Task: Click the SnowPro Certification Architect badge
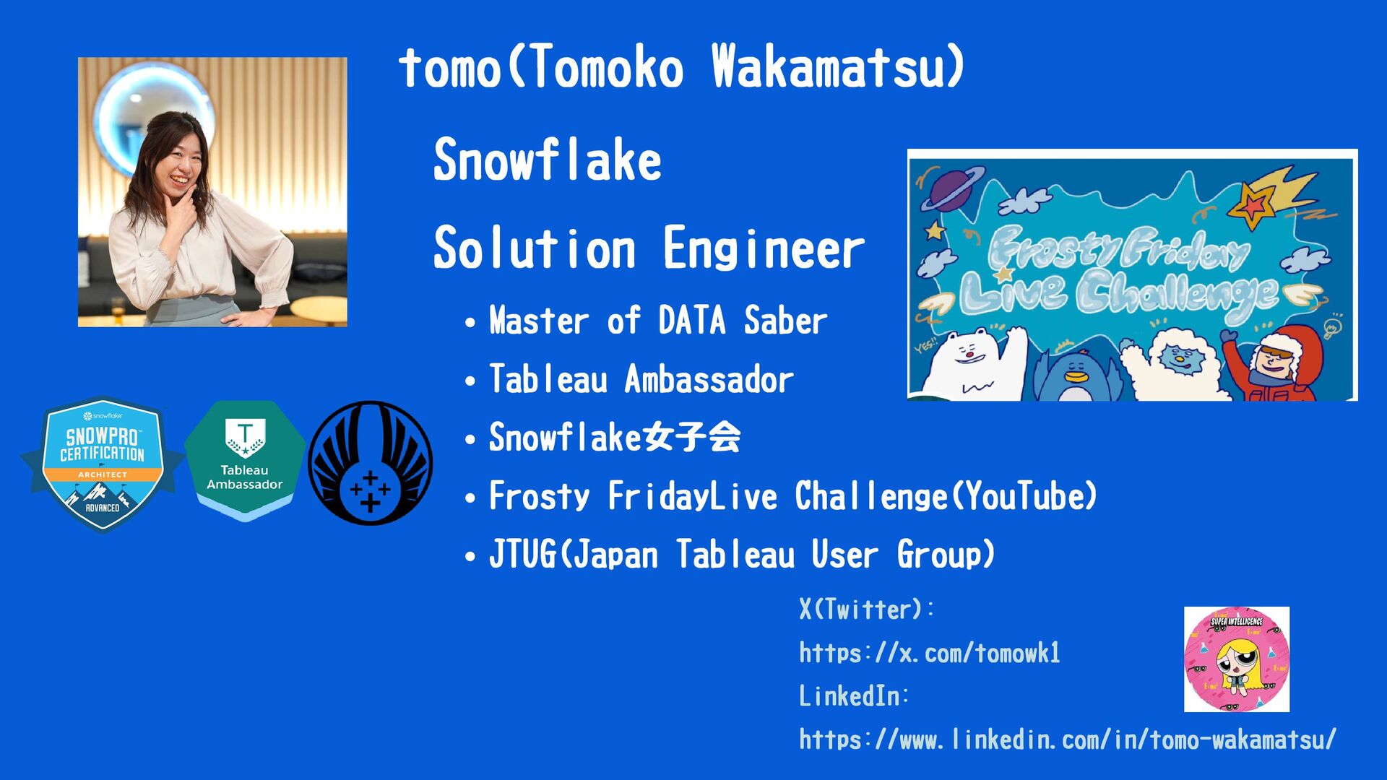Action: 103,464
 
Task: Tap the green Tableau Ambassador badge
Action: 245,460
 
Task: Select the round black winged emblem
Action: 371,463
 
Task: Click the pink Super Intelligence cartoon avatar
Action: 1237,659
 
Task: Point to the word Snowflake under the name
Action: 547,160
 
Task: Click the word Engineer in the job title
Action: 764,248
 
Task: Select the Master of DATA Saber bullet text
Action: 658,321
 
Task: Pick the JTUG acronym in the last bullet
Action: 522,555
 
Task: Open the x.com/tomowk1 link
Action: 930,653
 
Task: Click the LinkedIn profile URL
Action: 1068,740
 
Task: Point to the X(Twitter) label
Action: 866,610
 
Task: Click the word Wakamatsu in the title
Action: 838,67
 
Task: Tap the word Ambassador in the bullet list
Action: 709,379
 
